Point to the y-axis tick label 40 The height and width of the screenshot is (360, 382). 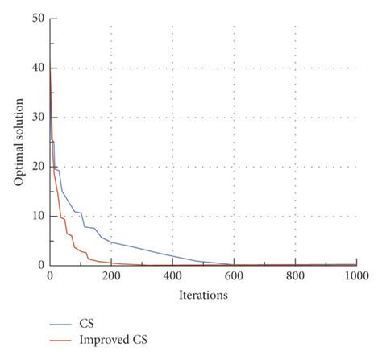(37, 68)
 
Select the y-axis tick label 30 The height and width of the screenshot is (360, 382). (37, 118)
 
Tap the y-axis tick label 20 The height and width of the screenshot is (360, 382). (37, 167)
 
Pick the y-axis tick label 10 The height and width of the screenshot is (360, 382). (37, 216)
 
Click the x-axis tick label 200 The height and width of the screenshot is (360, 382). (111, 276)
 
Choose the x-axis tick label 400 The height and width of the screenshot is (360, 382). (172, 276)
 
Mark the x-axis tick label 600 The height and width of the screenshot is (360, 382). (234, 276)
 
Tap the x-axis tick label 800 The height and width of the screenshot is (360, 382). (295, 276)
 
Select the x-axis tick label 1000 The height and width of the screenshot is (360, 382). (355, 276)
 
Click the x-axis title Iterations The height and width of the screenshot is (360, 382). (203, 295)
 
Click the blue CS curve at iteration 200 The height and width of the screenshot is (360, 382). (111, 242)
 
